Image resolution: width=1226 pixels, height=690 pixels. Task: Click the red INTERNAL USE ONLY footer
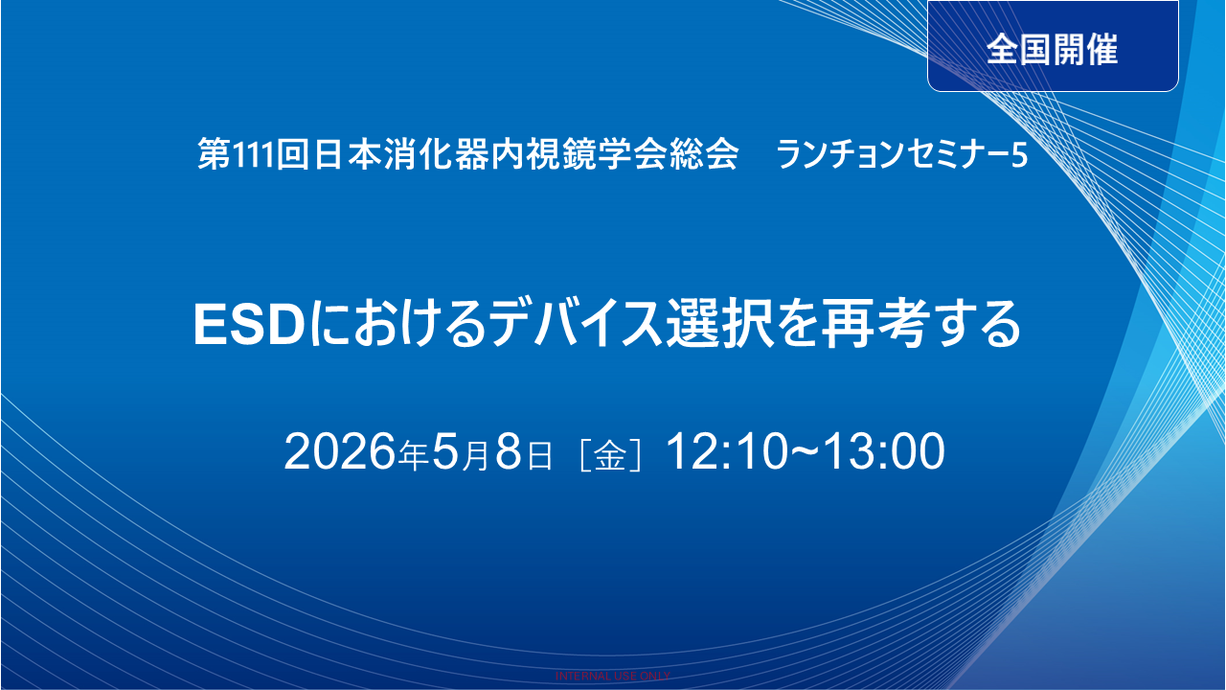click(x=613, y=676)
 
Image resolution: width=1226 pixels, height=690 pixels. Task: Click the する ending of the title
click(x=986, y=326)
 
